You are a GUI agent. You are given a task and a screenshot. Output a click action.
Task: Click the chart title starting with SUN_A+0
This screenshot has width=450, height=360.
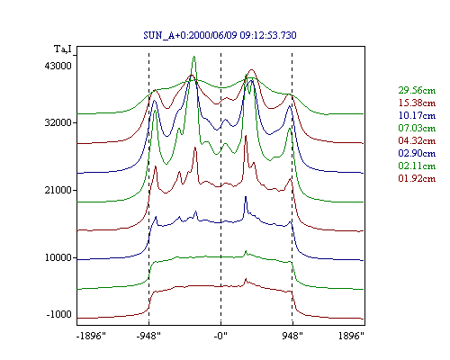[220, 35]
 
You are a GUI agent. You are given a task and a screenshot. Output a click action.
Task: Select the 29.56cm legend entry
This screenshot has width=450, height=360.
[417, 90]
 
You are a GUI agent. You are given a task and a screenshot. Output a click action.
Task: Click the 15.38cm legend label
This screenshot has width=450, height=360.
[417, 103]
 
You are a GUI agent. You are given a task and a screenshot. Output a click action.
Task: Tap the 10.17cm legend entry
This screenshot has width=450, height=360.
[417, 115]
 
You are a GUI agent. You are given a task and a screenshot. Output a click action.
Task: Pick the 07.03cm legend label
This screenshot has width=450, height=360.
[417, 128]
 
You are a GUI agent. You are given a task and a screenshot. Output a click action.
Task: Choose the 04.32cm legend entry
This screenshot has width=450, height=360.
[417, 140]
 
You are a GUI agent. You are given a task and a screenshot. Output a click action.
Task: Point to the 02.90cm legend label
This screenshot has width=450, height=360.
[417, 153]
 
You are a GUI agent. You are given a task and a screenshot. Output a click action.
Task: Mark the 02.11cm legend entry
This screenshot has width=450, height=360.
[417, 166]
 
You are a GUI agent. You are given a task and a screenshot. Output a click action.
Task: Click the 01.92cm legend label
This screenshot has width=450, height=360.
[417, 178]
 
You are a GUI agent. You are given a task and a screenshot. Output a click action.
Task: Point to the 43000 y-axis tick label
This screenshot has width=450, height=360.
[58, 66]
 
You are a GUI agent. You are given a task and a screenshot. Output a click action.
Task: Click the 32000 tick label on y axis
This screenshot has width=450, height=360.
[58, 122]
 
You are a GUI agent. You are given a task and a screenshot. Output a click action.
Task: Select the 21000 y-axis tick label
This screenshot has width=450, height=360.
[58, 190]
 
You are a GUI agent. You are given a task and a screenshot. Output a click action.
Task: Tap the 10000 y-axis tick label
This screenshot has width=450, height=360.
[58, 257]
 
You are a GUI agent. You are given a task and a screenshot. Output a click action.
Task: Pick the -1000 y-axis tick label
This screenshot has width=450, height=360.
[59, 314]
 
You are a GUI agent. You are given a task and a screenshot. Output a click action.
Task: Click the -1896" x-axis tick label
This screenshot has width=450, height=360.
[92, 336]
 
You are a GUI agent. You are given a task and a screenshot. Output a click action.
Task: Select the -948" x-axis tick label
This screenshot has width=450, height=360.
[148, 336]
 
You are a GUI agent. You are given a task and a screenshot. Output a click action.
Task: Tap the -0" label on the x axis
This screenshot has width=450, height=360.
[220, 336]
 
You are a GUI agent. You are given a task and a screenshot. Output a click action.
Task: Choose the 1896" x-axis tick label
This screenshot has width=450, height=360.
[351, 336]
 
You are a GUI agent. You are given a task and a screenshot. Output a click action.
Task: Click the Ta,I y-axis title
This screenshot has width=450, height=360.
[63, 49]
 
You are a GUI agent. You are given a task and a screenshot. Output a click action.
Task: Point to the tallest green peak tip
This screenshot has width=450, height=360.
[194, 57]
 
